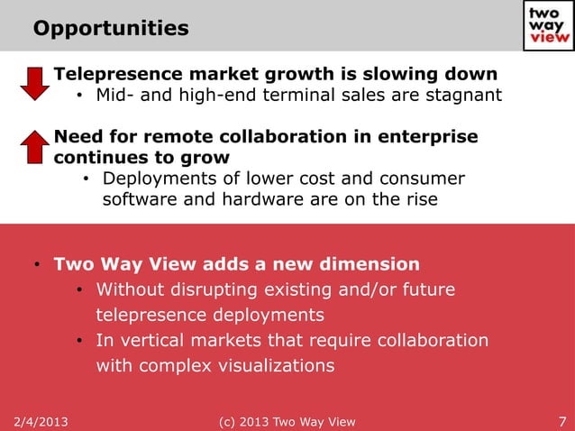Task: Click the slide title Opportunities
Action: pos(111,29)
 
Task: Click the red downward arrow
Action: pos(34,82)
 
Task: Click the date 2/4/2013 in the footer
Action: pos(41,421)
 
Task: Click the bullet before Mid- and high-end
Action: pos(79,96)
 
